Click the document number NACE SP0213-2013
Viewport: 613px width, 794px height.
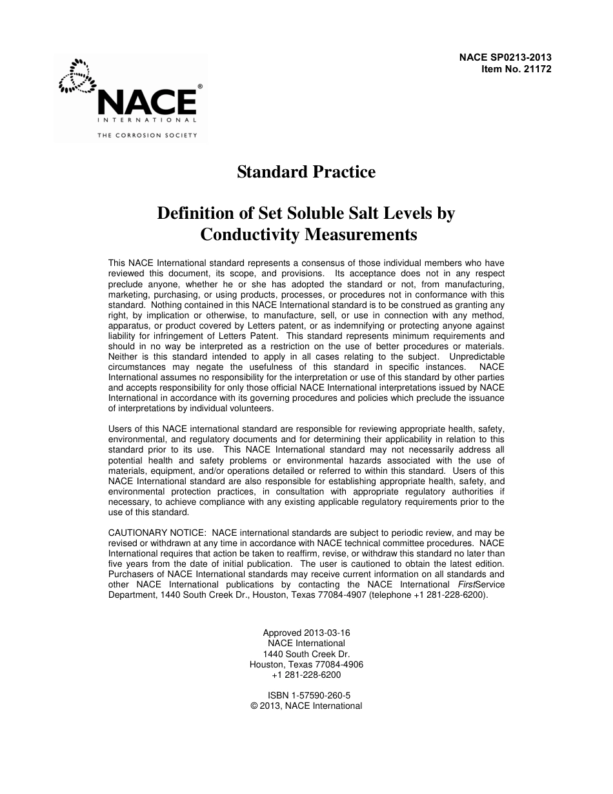point(505,57)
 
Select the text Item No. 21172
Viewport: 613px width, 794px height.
point(516,68)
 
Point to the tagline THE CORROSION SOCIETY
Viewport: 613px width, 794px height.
point(147,136)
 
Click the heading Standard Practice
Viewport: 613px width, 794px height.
point(306,172)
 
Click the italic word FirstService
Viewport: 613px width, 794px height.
point(477,584)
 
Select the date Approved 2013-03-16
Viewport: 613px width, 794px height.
point(306,633)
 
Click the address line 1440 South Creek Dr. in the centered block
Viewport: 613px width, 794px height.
point(306,654)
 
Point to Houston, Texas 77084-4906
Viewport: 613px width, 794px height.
point(306,664)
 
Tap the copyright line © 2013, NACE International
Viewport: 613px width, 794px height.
point(306,706)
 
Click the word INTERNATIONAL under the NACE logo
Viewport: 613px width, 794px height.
point(147,120)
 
